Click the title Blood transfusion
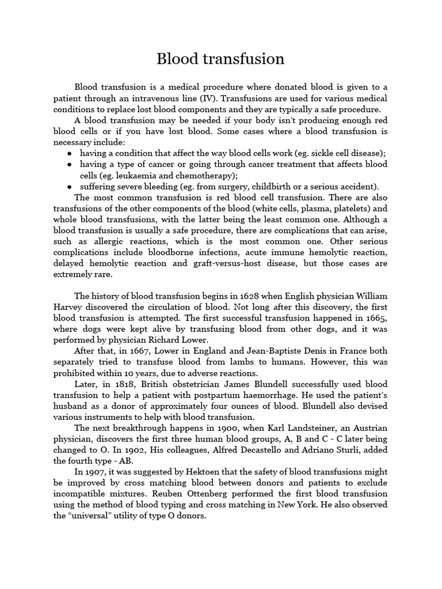point(221,59)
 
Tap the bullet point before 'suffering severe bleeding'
point(70,186)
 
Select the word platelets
point(344,208)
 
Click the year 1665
point(376,318)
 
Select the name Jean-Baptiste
point(272,351)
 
